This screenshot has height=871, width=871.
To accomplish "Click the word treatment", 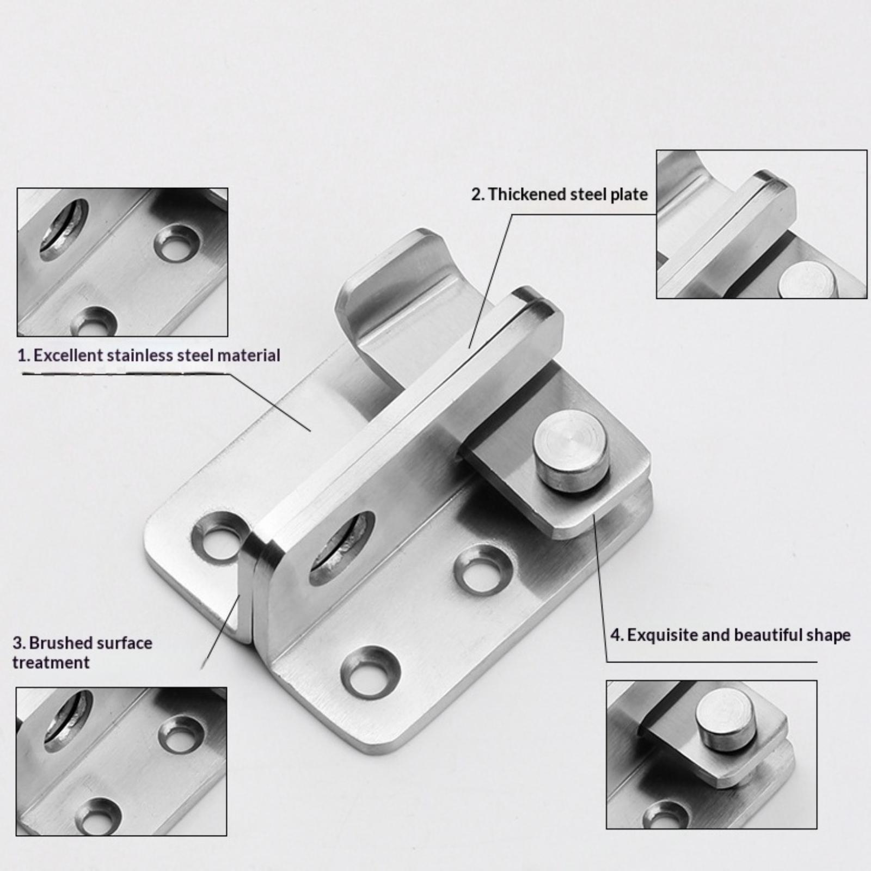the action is [51, 663].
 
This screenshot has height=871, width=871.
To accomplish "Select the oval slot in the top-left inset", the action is [63, 229].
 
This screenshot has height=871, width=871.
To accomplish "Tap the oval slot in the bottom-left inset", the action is [68, 721].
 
